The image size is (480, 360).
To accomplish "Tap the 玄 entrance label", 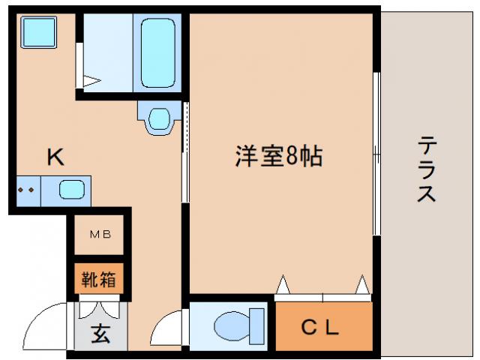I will [x=100, y=334].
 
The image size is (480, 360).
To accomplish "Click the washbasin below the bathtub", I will [x=159, y=118].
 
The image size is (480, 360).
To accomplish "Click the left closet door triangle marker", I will [x=283, y=285].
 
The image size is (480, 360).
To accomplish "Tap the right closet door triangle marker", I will [x=363, y=285].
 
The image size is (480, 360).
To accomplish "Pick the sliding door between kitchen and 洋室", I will [x=185, y=154].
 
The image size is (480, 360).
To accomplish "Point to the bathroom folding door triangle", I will [x=91, y=80].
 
